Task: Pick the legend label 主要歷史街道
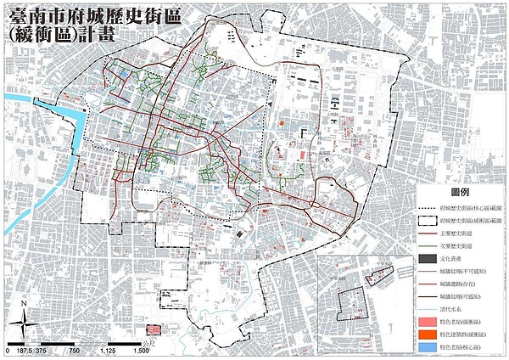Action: [432, 234]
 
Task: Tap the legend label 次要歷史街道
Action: [432, 248]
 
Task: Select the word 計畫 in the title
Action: [93, 34]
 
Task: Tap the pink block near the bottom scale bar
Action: [154, 329]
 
